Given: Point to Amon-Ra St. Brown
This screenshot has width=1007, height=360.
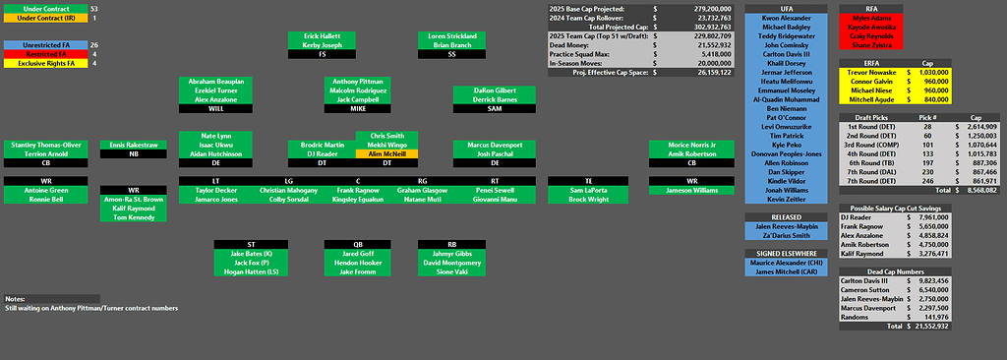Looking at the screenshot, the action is [x=134, y=200].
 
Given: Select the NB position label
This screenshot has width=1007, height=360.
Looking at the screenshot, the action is [x=134, y=154].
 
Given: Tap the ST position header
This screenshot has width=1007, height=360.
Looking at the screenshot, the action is [x=252, y=244].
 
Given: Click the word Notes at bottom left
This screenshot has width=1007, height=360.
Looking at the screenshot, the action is [x=15, y=298].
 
